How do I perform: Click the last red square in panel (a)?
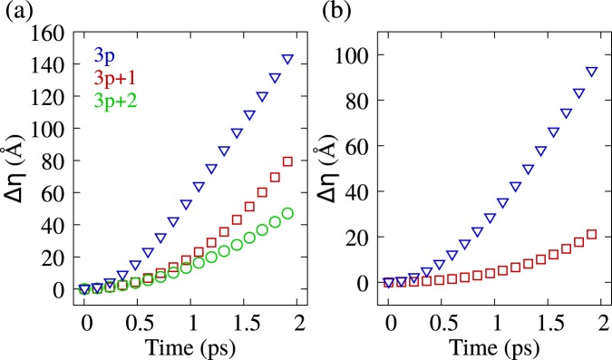[288, 161]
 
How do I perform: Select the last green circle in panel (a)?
[288, 214]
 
